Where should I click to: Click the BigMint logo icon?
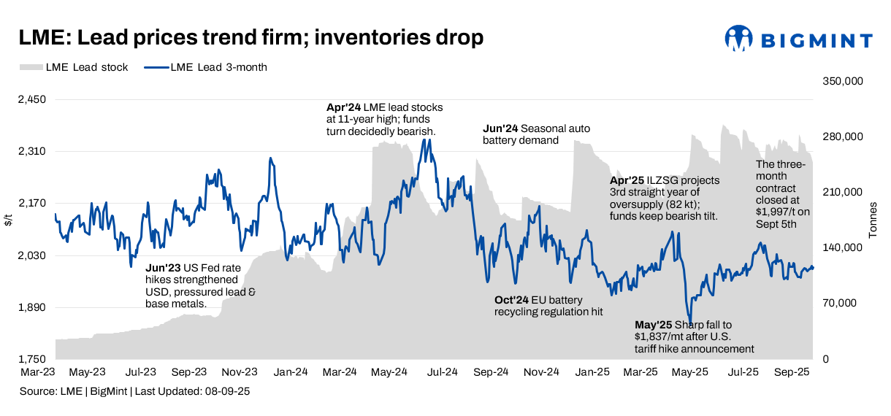pyautogui.click(x=738, y=39)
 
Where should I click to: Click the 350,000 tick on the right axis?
pyautogui.click(x=844, y=81)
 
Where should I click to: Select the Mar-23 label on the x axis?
pyautogui.click(x=37, y=372)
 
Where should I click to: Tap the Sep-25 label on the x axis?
pyautogui.click(x=792, y=372)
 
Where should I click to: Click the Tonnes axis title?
pyautogui.click(x=873, y=219)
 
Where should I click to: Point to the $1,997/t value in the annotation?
pyautogui.click(x=777, y=212)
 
